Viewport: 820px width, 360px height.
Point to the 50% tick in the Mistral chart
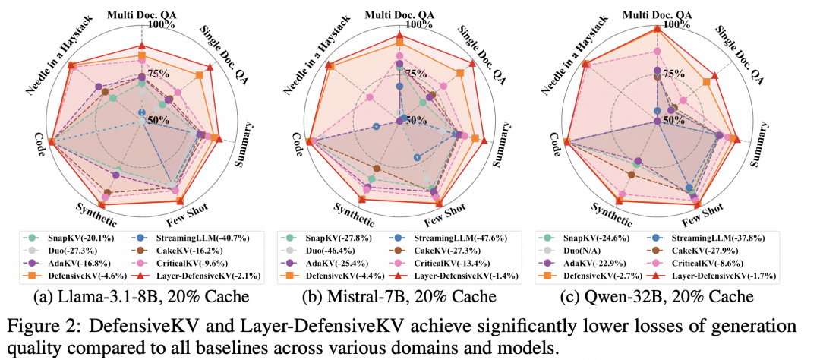[x=416, y=120]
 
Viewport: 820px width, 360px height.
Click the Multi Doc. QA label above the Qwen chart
[x=658, y=13]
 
